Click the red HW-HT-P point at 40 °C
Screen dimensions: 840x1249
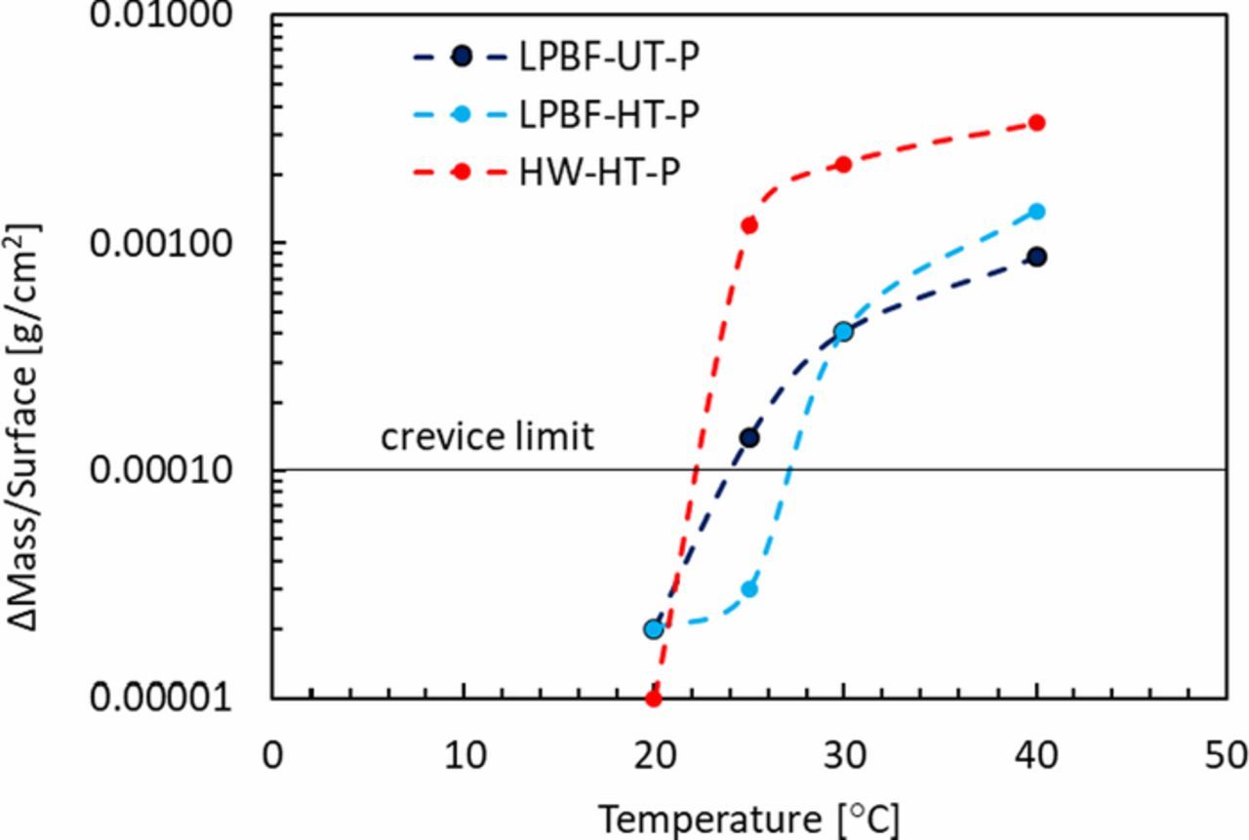tap(1036, 123)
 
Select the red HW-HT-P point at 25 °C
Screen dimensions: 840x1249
tap(749, 225)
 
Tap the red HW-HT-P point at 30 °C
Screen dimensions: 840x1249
tap(843, 165)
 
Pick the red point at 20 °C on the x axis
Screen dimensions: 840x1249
tap(654, 699)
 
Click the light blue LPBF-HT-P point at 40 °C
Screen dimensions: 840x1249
tap(1036, 211)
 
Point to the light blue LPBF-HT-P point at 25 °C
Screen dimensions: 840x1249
tap(749, 588)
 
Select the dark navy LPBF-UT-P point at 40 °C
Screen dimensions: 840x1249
tap(1036, 257)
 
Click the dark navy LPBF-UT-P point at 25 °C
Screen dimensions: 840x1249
tap(749, 437)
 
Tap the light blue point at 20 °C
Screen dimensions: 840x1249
tap(654, 629)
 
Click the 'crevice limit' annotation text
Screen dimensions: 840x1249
tap(486, 436)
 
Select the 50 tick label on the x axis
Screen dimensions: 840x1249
tap(1226, 755)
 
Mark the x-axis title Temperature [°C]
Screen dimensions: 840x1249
tap(748, 818)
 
